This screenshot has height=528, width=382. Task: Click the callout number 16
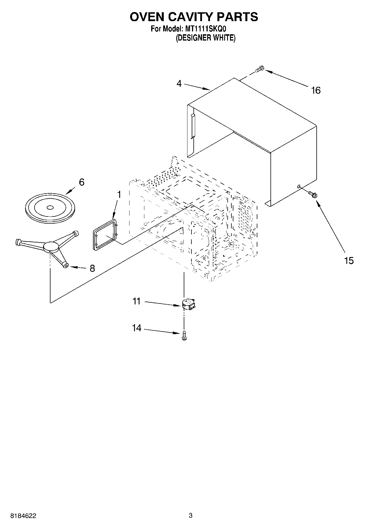click(316, 90)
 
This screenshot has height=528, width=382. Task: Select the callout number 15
click(349, 260)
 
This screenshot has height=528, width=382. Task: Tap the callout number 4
click(179, 84)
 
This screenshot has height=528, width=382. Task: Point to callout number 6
click(82, 182)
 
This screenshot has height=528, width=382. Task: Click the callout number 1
click(119, 195)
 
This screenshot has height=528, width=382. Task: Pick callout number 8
click(92, 268)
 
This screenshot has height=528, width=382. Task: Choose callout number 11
click(137, 301)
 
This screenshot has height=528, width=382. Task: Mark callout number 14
click(137, 328)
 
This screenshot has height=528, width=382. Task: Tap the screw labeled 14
click(184, 335)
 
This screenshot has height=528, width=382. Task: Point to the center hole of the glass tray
click(50, 207)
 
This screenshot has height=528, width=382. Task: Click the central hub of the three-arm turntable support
click(52, 247)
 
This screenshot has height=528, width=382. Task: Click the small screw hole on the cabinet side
click(299, 186)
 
